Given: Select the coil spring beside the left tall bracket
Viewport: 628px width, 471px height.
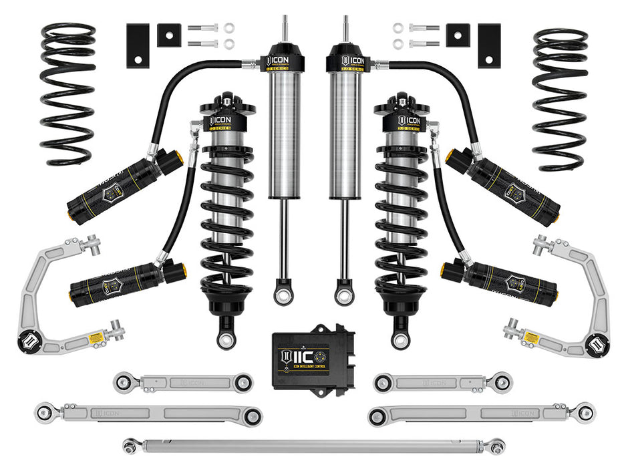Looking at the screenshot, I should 67,94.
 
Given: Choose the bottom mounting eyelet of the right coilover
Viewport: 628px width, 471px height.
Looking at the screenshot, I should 401,337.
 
